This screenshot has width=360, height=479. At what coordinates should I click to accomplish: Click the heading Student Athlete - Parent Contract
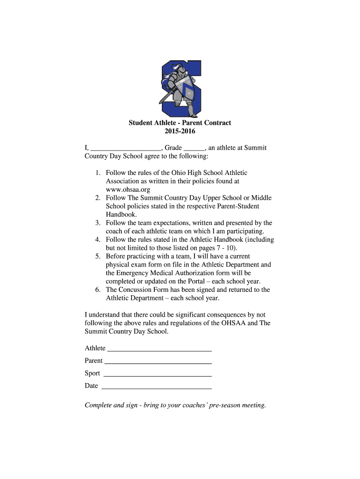click(x=180, y=123)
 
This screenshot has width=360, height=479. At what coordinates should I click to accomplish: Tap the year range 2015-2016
click(x=180, y=131)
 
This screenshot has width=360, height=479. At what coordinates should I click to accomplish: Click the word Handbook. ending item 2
click(x=121, y=215)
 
